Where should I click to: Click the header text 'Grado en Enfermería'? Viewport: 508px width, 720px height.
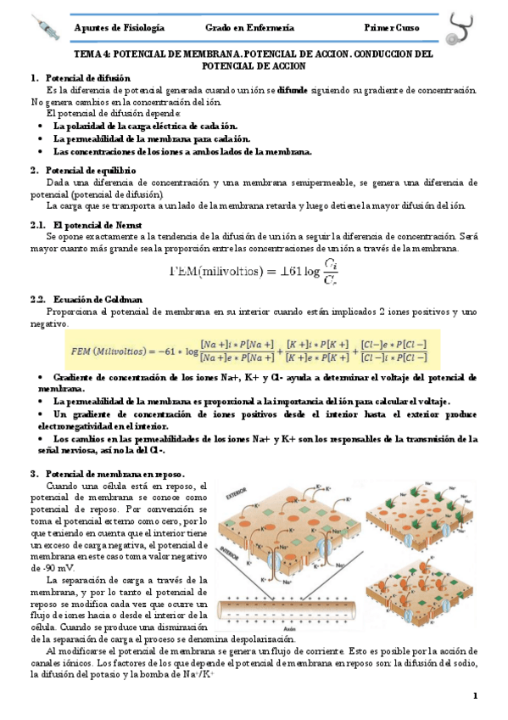point(245,28)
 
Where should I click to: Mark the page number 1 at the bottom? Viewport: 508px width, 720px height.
point(476,696)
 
